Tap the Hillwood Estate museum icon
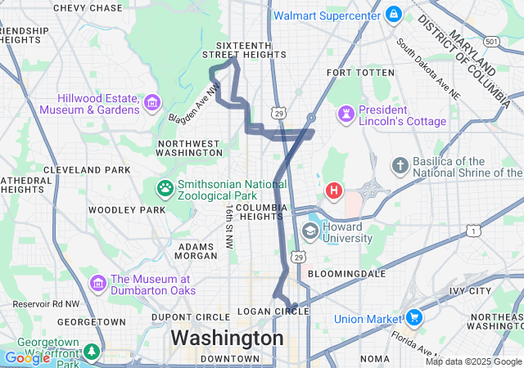(151, 103)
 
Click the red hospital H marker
(334, 191)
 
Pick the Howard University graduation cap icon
(310, 231)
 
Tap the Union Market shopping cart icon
(414, 317)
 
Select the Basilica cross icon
(400, 167)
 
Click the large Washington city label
(227, 338)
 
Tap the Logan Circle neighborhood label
(273, 312)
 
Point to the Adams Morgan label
(196, 251)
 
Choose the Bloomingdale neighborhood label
(349, 273)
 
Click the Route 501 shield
(491, 41)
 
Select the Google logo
(27, 357)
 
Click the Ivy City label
(470, 290)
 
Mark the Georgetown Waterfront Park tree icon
(92, 352)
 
